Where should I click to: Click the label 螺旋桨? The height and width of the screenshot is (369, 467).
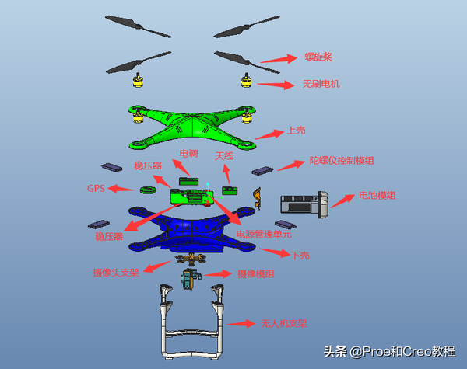[x=318, y=57]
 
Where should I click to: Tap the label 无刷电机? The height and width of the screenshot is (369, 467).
[x=321, y=84]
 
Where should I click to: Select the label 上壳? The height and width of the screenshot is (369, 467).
[x=296, y=131]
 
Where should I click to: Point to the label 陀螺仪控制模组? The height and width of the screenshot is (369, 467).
[x=342, y=161]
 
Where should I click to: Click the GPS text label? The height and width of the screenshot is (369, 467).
[x=96, y=188]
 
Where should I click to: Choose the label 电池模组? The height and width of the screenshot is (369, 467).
[x=377, y=195]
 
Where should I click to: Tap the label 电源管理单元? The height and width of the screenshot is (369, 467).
[x=264, y=234]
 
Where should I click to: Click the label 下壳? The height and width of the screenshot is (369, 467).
[x=300, y=255]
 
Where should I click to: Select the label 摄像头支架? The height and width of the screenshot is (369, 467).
[x=116, y=273]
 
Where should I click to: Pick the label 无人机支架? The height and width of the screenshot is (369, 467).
[x=284, y=323]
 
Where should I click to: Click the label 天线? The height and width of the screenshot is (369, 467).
[x=224, y=156]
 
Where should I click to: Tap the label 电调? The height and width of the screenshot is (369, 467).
[x=188, y=154]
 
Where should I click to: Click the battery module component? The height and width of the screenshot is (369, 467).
[x=304, y=204]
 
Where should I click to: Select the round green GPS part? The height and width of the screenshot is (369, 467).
[x=148, y=190]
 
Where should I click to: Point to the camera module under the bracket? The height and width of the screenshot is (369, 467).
[x=190, y=279]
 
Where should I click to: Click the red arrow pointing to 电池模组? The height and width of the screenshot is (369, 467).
[x=342, y=201]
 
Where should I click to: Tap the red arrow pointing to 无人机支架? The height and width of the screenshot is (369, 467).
[x=241, y=323]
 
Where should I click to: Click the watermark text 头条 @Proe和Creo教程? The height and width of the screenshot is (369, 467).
[x=389, y=351]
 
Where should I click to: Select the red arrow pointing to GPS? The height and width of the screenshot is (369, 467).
[x=121, y=188]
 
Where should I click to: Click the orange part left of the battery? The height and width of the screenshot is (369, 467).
[x=258, y=198]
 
